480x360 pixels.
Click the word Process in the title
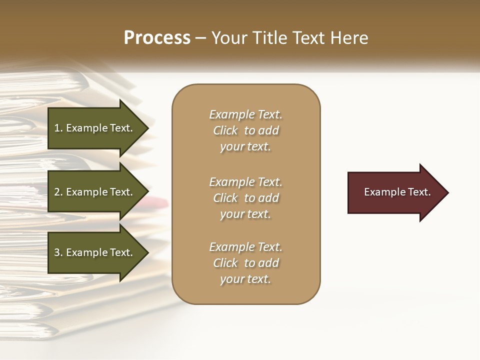pos(157,38)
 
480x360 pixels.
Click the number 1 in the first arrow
pos(57,128)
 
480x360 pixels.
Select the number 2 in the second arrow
pos(57,192)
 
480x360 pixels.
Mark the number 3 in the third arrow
pos(57,252)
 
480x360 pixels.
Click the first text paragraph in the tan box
pos(245,130)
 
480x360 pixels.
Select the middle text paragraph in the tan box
pos(245,198)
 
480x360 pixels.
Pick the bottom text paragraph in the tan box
pos(245,263)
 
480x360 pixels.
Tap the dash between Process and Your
pos(201,38)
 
